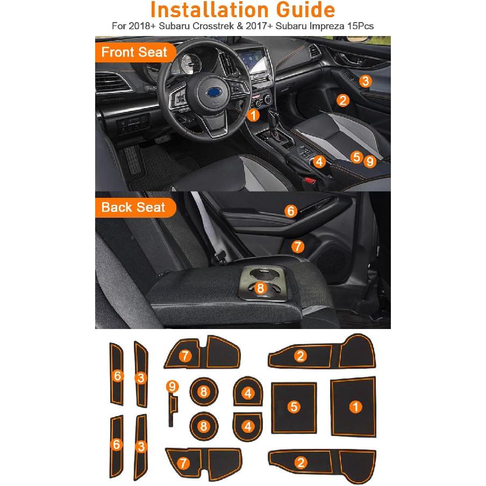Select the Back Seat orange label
click(x=133, y=207)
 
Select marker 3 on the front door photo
click(x=365, y=81)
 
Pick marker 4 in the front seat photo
click(x=319, y=161)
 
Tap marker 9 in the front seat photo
click(x=369, y=160)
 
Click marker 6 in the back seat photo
click(x=291, y=211)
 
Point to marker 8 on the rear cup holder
click(x=261, y=288)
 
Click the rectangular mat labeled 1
click(x=354, y=407)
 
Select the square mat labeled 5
click(x=294, y=407)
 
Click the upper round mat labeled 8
click(x=203, y=392)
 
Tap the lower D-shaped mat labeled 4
click(x=247, y=426)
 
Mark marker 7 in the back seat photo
click(x=298, y=246)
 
